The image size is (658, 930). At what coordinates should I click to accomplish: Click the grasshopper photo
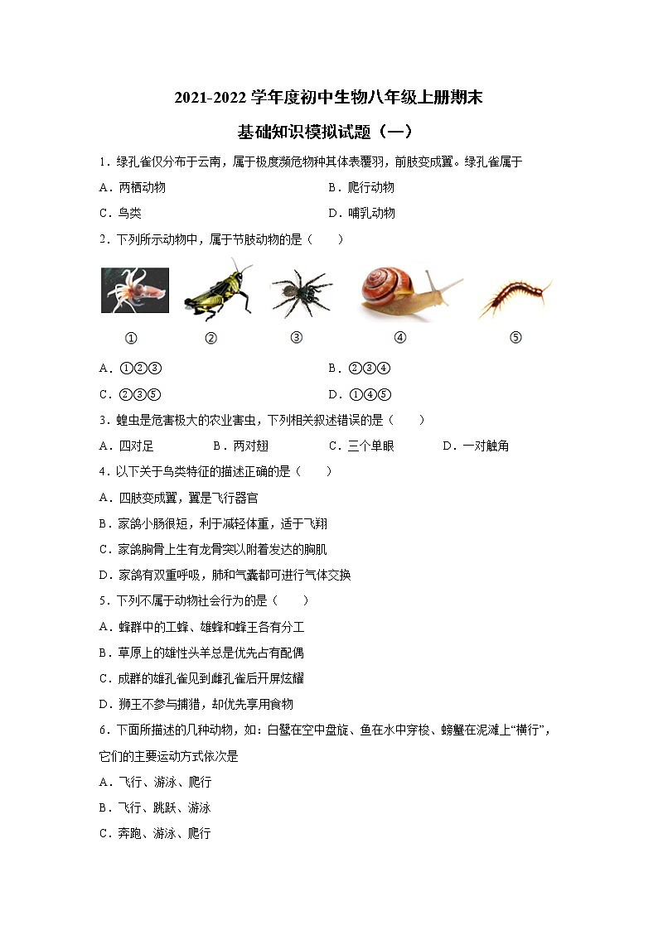coord(217,291)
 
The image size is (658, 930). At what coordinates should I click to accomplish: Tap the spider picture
coord(301,292)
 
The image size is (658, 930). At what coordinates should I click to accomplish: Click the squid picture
coord(134,290)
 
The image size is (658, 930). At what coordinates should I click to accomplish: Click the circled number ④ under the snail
coord(399,337)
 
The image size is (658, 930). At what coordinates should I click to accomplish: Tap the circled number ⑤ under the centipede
coord(515,337)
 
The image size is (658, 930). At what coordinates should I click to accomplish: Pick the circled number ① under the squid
coord(130,338)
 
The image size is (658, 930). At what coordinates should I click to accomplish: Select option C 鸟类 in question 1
coord(120,213)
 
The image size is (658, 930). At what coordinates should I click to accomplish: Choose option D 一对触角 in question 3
coord(476,446)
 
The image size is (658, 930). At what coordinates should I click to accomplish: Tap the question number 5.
coord(102,600)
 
